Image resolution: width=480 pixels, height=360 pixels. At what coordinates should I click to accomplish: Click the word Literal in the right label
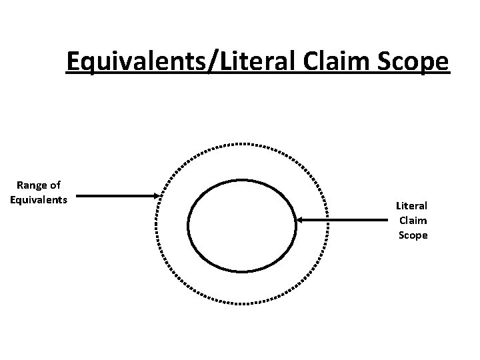pyautogui.click(x=412, y=207)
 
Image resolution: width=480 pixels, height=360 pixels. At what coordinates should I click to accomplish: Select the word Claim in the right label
pyautogui.click(x=413, y=221)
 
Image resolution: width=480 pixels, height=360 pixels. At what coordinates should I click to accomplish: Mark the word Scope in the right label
pyautogui.click(x=413, y=235)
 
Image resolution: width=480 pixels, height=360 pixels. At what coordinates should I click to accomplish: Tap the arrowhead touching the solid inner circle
pyautogui.click(x=299, y=219)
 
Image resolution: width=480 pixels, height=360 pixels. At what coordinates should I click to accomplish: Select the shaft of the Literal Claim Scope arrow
pyautogui.click(x=347, y=219)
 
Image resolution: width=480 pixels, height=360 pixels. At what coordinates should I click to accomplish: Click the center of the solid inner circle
pyautogui.click(x=242, y=225)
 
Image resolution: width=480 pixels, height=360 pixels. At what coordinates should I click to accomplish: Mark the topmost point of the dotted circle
pyautogui.click(x=242, y=143)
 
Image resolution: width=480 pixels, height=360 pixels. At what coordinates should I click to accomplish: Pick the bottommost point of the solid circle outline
pyautogui.click(x=242, y=271)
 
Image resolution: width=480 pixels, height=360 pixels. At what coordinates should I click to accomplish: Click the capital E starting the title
pyautogui.click(x=74, y=63)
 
